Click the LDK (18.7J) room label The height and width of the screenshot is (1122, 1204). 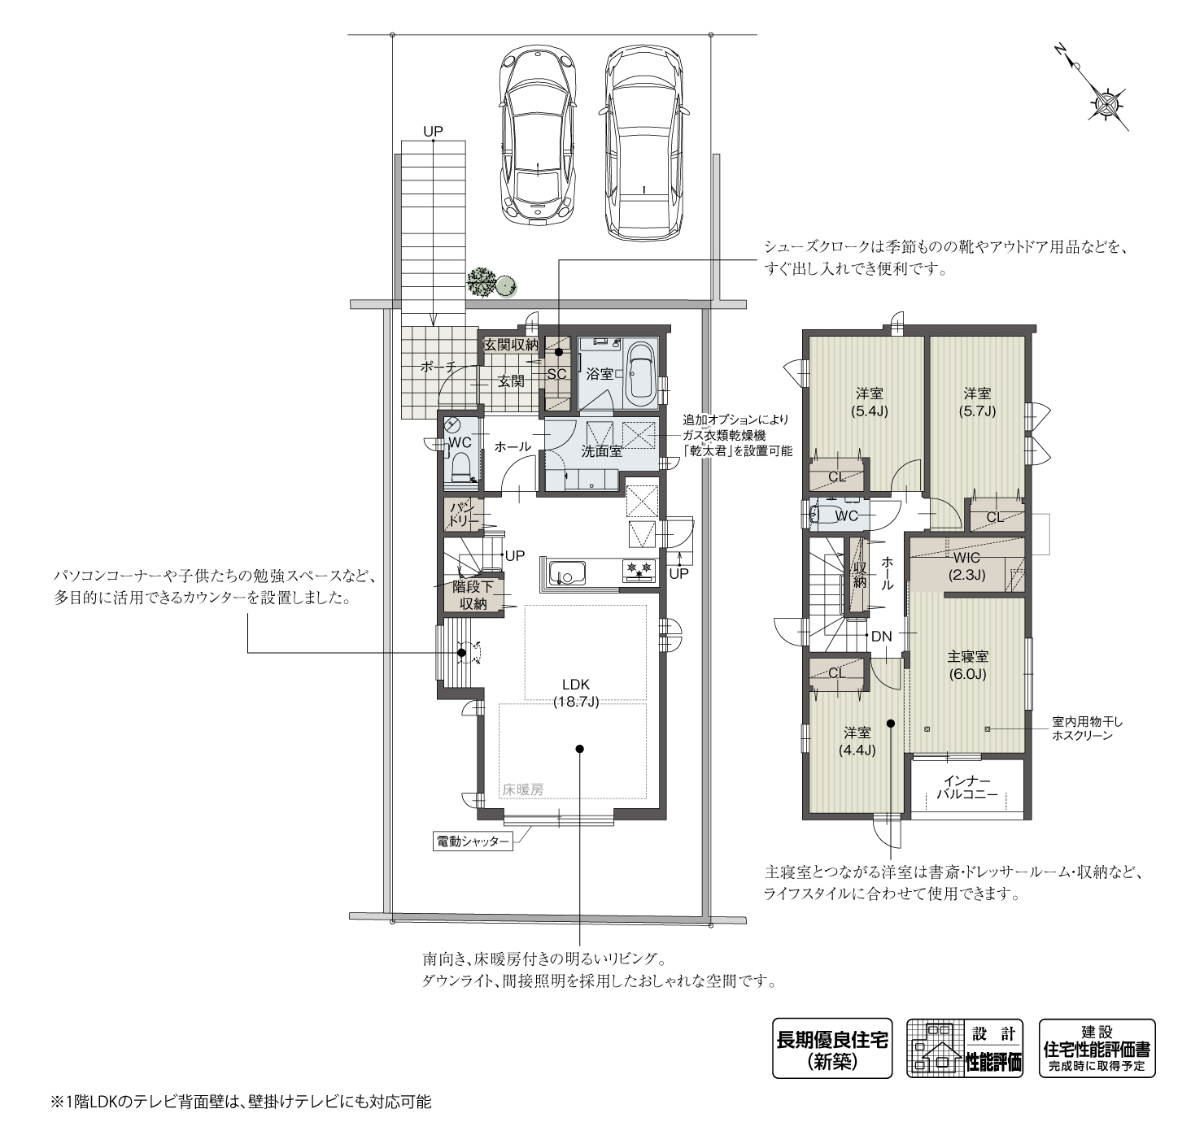point(575,693)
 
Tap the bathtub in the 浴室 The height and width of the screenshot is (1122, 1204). point(639,375)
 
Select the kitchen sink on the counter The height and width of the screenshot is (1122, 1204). point(567,573)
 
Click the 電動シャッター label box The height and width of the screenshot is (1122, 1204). point(473,842)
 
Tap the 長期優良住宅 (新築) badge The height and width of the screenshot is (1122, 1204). point(831,1050)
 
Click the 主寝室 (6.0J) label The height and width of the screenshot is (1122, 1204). point(967,665)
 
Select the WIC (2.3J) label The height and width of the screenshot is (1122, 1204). point(966,566)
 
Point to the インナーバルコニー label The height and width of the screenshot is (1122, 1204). point(967,787)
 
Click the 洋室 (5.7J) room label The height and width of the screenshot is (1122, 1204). point(977,402)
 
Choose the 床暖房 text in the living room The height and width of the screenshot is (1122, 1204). point(522,789)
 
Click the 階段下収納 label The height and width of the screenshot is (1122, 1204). point(473,594)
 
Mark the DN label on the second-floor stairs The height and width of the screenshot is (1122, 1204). point(882,637)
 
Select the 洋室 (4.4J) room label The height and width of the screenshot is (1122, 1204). point(857,741)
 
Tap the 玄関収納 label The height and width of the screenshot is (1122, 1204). point(510,345)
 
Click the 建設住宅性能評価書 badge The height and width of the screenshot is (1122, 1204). point(1097,1050)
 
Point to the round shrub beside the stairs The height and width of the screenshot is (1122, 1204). point(505,285)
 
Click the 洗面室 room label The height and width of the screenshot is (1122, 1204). point(601,451)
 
